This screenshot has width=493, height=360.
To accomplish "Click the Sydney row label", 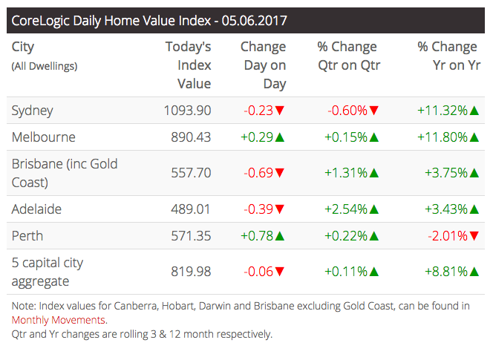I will pyautogui.click(x=32, y=111).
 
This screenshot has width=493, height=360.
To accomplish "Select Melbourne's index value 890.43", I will pyautogui.click(x=187, y=137).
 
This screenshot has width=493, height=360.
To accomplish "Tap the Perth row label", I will pyautogui.click(x=27, y=236).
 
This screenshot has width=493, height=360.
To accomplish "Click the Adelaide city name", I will pyautogui.click(x=36, y=209).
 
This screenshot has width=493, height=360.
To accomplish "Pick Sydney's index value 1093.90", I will pyautogui.click(x=187, y=111).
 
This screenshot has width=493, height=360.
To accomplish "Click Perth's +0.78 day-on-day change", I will pyautogui.click(x=257, y=236).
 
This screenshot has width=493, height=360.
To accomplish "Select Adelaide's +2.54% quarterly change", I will pyautogui.click(x=346, y=209).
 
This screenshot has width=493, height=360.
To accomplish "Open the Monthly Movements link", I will pyautogui.click(x=58, y=320).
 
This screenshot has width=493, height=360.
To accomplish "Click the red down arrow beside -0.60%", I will pyautogui.click(x=374, y=111).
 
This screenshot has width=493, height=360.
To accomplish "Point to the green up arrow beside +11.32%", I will pyautogui.click(x=474, y=111).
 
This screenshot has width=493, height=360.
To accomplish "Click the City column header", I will pyautogui.click(x=23, y=47).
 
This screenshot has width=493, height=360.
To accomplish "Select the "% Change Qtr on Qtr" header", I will pyautogui.click(x=348, y=56).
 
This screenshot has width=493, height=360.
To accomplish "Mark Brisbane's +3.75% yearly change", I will pyautogui.click(x=445, y=173).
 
